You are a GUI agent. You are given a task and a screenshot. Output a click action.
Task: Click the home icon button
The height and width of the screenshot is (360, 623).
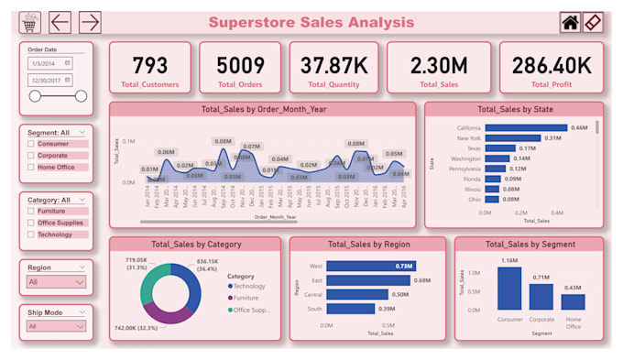pos(571,23)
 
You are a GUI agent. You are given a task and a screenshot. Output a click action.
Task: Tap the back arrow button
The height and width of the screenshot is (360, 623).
pos(60,23)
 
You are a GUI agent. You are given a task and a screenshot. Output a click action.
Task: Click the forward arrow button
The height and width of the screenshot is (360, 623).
pos(90,23)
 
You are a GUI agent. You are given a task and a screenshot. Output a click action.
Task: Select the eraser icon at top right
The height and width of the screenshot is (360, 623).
pos(594,23)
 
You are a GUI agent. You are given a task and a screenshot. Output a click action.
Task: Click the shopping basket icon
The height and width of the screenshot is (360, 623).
pos(30,23)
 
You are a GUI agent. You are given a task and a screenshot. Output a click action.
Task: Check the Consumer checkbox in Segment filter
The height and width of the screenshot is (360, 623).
pos(31,144)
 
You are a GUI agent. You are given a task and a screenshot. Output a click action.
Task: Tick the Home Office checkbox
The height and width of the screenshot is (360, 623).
pos(31,168)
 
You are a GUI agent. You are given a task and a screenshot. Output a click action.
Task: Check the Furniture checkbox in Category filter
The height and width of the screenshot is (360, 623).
pos(31,210)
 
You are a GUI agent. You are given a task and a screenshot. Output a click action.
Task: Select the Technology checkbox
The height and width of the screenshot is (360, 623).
pos(31,235)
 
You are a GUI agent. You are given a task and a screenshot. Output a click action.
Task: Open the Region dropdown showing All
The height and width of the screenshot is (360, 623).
pos(56,283)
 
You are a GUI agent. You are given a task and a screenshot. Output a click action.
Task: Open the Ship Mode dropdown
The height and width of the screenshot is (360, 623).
pos(56,326)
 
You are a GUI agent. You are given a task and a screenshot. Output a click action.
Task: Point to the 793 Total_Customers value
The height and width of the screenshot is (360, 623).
pos(150,65)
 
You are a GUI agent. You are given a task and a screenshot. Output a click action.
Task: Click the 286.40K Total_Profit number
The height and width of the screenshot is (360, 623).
pos(551,65)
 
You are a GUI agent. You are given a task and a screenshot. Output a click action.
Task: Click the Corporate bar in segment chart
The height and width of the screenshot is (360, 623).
pos(541,296)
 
